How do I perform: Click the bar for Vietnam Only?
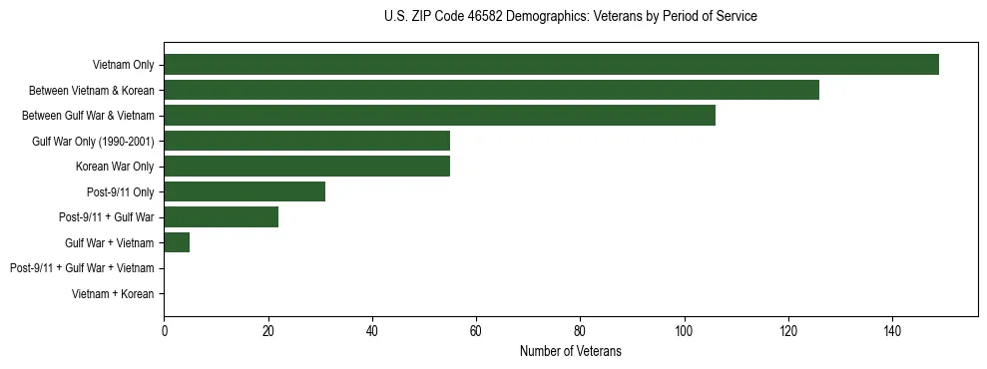(551, 65)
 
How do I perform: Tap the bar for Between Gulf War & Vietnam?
(439, 116)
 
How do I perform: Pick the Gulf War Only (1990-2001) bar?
(306, 141)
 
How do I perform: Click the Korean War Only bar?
(306, 167)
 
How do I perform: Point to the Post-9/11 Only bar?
(245, 191)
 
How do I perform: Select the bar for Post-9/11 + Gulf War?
(221, 217)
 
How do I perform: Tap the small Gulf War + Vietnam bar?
(177, 242)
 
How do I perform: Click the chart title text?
(570, 17)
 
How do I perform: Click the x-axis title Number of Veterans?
(570, 351)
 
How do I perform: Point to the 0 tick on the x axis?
(164, 331)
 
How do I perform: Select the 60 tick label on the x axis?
(476, 331)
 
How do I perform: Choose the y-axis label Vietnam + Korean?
(113, 294)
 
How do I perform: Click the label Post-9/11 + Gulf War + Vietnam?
(82, 268)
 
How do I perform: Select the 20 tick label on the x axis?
(267, 331)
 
